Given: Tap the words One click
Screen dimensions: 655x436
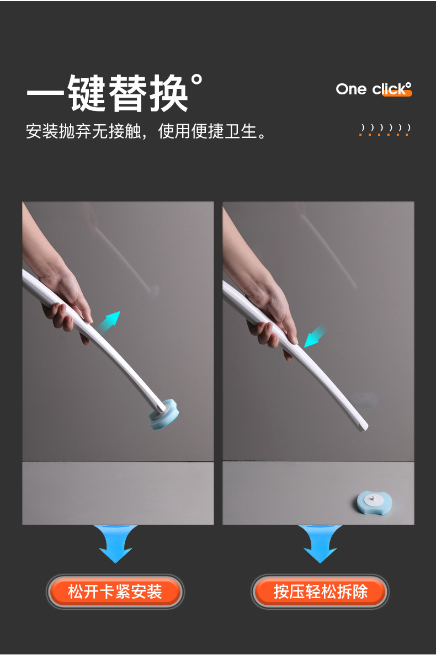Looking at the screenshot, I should tap(373, 89).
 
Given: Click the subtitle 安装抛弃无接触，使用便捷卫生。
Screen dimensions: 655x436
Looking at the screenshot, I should tap(147, 131).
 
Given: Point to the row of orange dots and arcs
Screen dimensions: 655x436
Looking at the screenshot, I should tap(385, 130).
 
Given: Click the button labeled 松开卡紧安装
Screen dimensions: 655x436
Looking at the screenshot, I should tap(115, 592).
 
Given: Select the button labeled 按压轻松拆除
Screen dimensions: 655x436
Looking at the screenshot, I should tap(320, 592).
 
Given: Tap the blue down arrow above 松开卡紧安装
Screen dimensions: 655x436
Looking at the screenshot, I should tap(115, 544).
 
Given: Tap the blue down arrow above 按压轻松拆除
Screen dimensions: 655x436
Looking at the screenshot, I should tap(320, 544).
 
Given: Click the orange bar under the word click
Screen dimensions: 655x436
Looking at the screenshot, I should tap(397, 93).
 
